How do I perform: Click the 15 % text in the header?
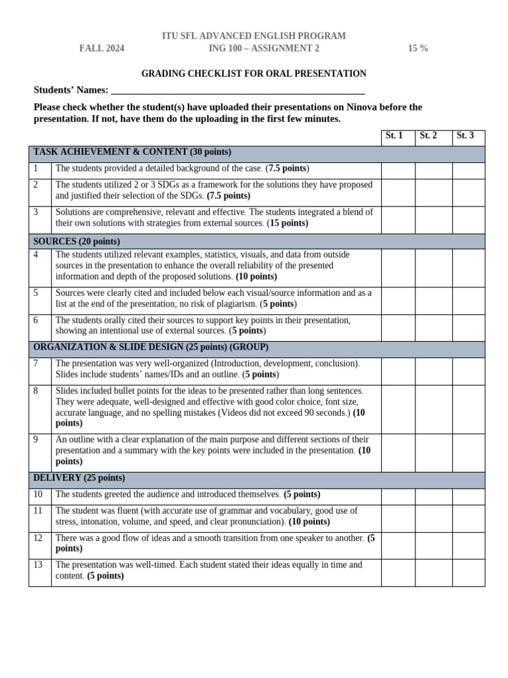417,48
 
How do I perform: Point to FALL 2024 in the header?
102,48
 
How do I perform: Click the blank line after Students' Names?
238,91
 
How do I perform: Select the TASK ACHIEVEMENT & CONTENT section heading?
132,152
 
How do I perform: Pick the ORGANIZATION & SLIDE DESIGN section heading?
151,348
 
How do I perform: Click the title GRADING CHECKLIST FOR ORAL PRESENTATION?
255,74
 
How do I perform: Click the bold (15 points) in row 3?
287,224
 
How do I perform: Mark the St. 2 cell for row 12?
433,544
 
